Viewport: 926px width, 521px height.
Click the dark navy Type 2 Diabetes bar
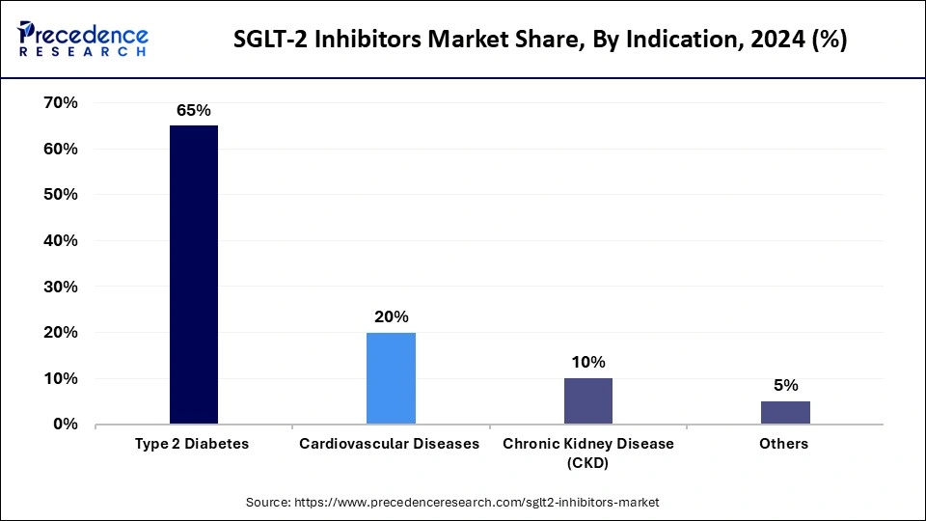[193, 275]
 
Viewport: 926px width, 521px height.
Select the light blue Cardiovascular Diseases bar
[391, 378]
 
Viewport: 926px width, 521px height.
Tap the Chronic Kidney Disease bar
[587, 401]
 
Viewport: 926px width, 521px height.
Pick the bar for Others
[785, 413]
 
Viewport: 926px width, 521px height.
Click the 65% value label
[193, 111]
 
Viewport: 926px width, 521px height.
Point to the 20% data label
[391, 316]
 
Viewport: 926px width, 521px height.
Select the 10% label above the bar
[587, 363]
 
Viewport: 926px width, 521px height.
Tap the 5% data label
[785, 385]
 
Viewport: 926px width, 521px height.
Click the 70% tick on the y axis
[60, 103]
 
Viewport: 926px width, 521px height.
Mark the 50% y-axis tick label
[60, 195]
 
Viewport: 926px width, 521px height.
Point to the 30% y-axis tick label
[60, 288]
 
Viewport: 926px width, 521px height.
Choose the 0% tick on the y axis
[65, 425]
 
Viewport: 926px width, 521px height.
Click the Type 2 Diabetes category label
[193, 445]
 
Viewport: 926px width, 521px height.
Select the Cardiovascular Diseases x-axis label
[390, 445]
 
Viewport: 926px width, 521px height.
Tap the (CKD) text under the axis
[587, 463]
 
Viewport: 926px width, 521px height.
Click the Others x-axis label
[784, 445]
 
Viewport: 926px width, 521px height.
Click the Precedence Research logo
[83, 40]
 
